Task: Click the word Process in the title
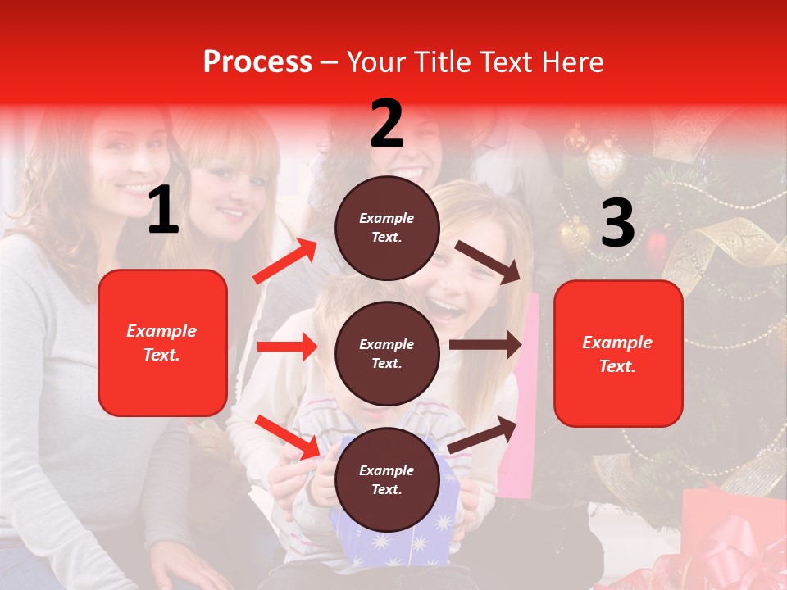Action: (257, 61)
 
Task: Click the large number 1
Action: (163, 211)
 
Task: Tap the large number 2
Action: (387, 124)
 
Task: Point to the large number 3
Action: (617, 224)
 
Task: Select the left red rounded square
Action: (162, 343)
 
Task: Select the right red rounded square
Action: (618, 353)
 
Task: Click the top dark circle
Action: (387, 228)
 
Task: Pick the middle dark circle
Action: (387, 353)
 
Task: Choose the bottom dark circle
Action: (387, 479)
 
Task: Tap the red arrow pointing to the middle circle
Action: (287, 347)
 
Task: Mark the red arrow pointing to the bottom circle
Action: (287, 437)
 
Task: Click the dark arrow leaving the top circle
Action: (489, 261)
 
